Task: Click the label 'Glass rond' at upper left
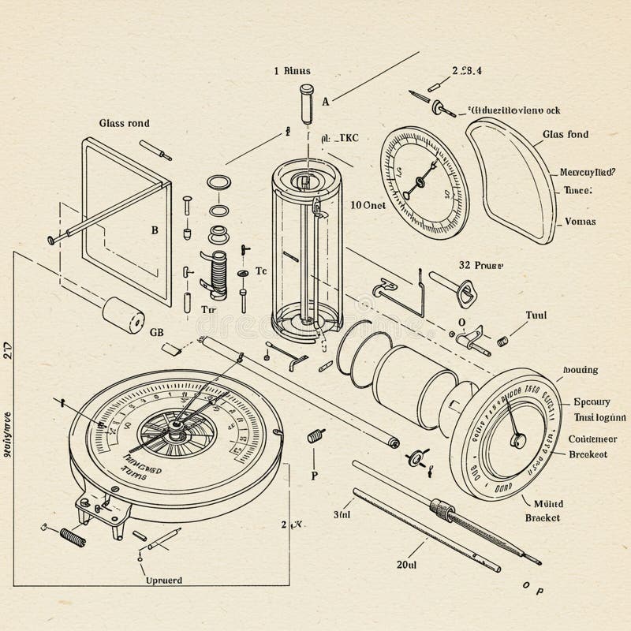(x=125, y=123)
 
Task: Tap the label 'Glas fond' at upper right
(x=566, y=135)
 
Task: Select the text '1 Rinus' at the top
(x=292, y=70)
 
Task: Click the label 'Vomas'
(x=581, y=222)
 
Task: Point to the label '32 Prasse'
(x=481, y=266)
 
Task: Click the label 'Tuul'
(x=536, y=314)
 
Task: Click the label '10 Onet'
(x=368, y=204)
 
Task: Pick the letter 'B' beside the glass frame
(x=155, y=231)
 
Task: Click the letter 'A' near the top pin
(x=325, y=100)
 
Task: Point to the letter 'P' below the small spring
(x=314, y=476)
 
